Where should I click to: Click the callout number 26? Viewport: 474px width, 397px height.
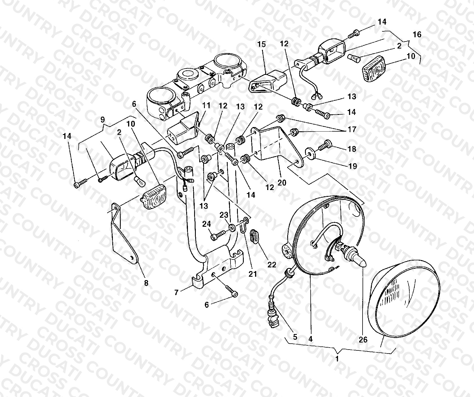363,339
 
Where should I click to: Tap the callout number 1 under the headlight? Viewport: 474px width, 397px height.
337,359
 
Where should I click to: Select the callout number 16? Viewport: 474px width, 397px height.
417,34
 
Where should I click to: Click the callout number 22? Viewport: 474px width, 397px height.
272,264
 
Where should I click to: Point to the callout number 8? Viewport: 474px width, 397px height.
146,283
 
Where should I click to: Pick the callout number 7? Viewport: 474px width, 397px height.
176,293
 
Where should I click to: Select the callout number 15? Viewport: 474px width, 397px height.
262,45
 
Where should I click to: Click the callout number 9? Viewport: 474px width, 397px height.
103,119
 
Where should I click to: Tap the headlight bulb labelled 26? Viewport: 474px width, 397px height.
354,256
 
